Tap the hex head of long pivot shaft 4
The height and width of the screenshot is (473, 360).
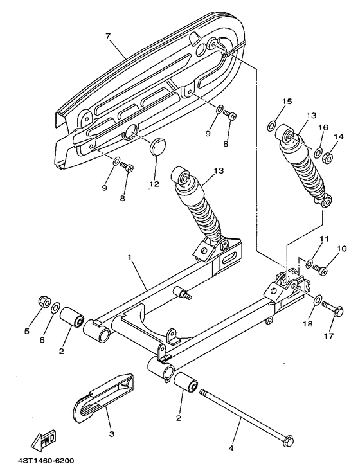coord(289,440)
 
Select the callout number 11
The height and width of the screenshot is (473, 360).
coord(324,239)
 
